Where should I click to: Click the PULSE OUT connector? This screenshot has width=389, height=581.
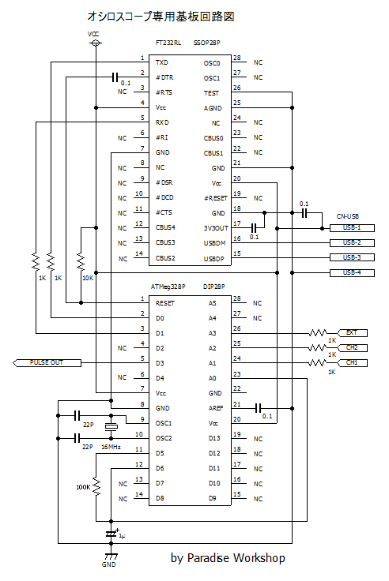(47, 363)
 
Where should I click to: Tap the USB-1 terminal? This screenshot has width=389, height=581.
(352, 228)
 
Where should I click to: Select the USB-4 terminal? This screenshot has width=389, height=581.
(352, 272)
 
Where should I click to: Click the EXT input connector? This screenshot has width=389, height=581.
(352, 333)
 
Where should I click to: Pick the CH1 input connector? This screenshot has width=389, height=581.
(352, 363)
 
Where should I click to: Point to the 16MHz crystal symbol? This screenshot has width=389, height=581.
(111, 427)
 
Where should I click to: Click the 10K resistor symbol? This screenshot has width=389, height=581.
(81, 262)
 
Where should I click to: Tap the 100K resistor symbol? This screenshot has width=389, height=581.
(96, 487)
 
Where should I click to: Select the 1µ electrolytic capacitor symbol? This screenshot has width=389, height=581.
(111, 534)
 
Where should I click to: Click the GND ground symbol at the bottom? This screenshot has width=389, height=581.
(111, 557)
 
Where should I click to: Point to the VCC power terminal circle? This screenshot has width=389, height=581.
(96, 43)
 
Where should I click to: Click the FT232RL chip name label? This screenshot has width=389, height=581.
(168, 43)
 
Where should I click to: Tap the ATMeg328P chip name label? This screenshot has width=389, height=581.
(168, 287)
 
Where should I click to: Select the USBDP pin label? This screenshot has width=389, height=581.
(213, 259)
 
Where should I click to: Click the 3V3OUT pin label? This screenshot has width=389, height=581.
(216, 228)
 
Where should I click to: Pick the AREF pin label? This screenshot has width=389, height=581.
(216, 408)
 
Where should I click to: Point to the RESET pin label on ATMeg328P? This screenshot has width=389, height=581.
(164, 303)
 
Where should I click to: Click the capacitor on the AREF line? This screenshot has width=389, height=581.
(259, 408)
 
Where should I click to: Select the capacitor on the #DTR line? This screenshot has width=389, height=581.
(115, 77)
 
